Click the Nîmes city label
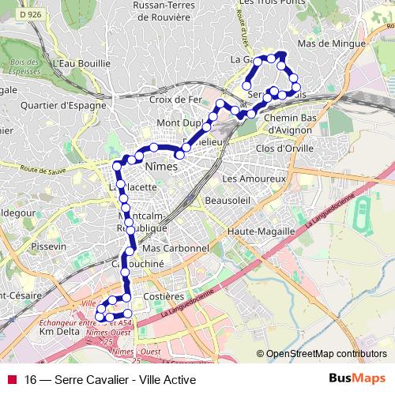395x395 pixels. pyautogui.click(x=160, y=167)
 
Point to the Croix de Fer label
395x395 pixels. pyautogui.click(x=176, y=100)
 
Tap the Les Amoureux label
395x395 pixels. pyautogui.click(x=253, y=179)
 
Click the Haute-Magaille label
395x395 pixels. pyautogui.click(x=260, y=231)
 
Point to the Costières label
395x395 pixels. pyautogui.click(x=165, y=296)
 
